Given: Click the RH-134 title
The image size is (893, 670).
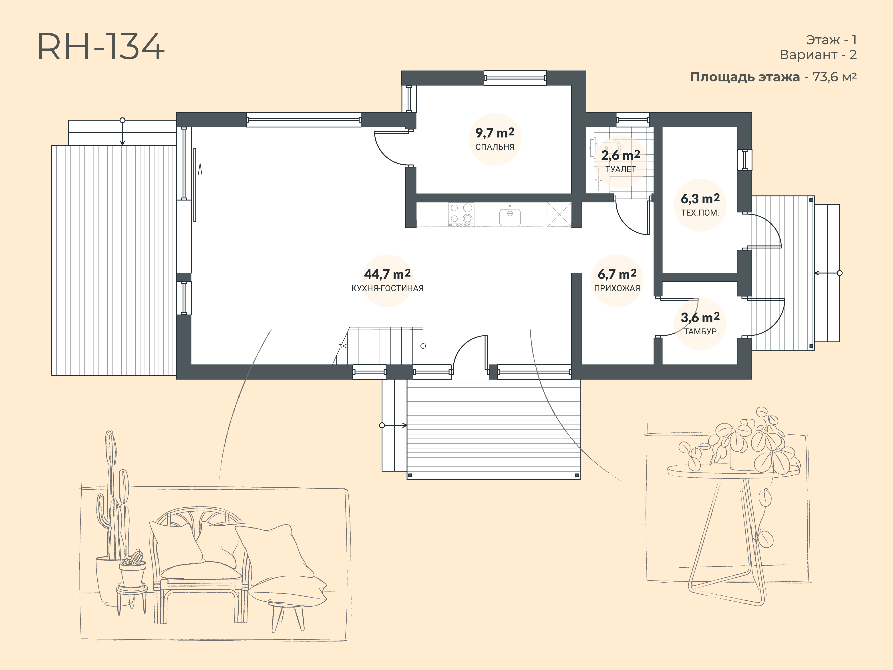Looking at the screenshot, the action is [x=101, y=47].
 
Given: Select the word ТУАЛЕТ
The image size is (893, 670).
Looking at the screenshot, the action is [x=621, y=169].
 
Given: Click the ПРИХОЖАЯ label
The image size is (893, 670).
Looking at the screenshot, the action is [x=617, y=288].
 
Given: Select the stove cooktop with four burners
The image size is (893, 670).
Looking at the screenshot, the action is [x=461, y=214].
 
